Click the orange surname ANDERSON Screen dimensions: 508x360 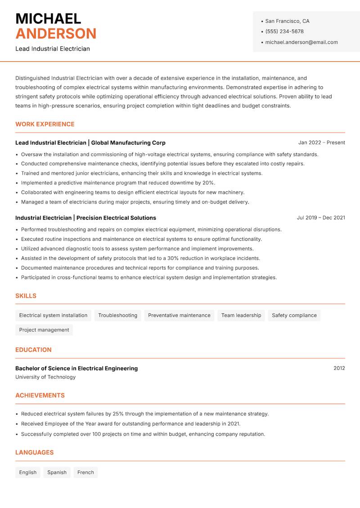pyautogui.click(x=56, y=34)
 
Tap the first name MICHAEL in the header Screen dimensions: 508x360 pyautogui.click(x=48, y=19)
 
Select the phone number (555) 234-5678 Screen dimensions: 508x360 pyautogui.click(x=284, y=31)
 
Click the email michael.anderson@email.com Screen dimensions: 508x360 pyautogui.click(x=301, y=42)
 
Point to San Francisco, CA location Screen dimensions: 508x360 pyautogui.click(x=287, y=21)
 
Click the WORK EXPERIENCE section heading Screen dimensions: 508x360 pyautogui.click(x=45, y=124)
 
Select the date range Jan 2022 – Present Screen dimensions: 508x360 pyautogui.click(x=321, y=143)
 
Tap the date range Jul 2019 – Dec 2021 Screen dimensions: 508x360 pyautogui.click(x=321, y=218)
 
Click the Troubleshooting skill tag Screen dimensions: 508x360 pyautogui.click(x=117, y=316)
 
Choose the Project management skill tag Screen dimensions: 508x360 pyautogui.click(x=44, y=330)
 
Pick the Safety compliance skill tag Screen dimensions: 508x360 pyautogui.click(x=294, y=316)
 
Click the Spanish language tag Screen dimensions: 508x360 pyautogui.click(x=57, y=472)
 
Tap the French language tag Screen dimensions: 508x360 pyautogui.click(x=85, y=472)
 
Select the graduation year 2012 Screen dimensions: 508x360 pyautogui.click(x=339, y=368)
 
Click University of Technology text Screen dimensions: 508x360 pyautogui.click(x=45, y=377)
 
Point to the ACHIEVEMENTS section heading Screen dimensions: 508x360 pyautogui.click(x=40, y=396)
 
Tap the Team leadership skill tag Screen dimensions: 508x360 pyautogui.click(x=241, y=316)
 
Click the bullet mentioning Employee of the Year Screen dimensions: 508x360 pyautogui.click(x=130, y=424)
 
